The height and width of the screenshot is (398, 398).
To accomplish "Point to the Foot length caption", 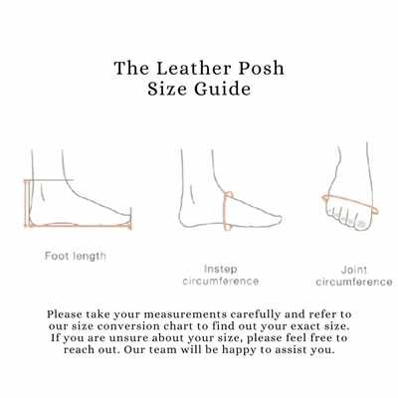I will click(x=76, y=257).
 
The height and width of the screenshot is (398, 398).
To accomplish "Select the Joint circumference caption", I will click(x=353, y=275).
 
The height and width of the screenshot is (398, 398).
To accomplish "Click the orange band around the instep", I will click(x=230, y=211).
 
